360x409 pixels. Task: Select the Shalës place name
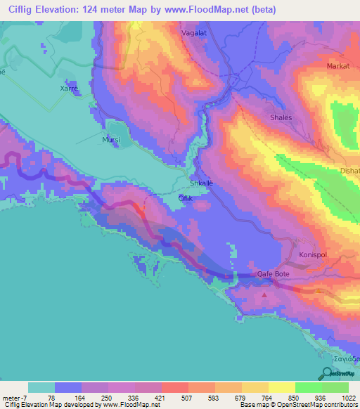tap(281, 118)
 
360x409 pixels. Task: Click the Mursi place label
tap(111, 141)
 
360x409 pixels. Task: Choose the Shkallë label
tap(202, 184)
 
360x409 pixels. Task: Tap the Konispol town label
tap(314, 256)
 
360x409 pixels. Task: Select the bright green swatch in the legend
tap(309, 387)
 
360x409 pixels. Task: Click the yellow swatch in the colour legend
tap(281, 387)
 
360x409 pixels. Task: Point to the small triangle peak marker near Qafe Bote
tap(264, 295)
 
